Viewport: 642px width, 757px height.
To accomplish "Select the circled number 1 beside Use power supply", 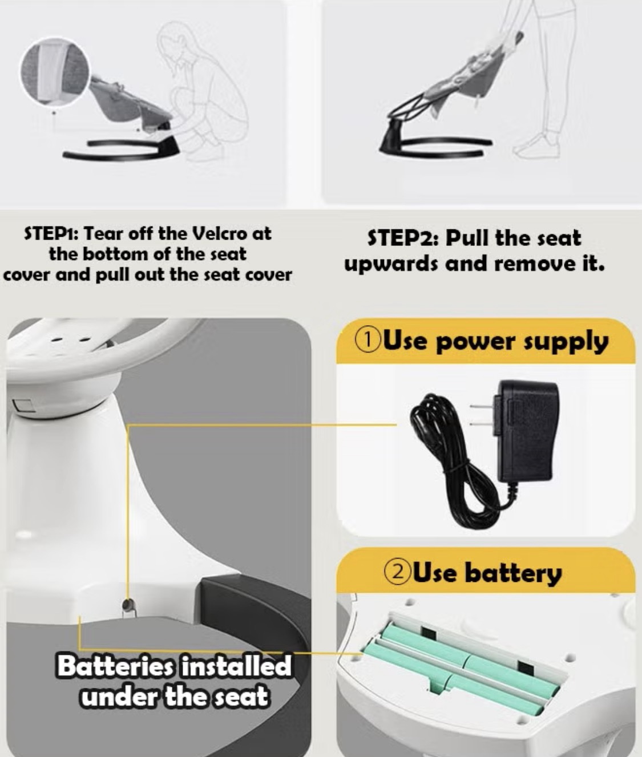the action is coord(368,341).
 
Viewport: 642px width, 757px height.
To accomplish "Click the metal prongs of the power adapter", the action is coord(482,415).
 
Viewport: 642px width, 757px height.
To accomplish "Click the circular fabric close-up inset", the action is coord(55,72).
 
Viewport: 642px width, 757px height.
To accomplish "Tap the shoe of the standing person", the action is coord(538,146).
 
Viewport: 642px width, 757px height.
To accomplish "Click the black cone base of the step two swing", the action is coord(392,140).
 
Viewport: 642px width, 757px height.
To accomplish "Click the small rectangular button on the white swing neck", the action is coord(23,406).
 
